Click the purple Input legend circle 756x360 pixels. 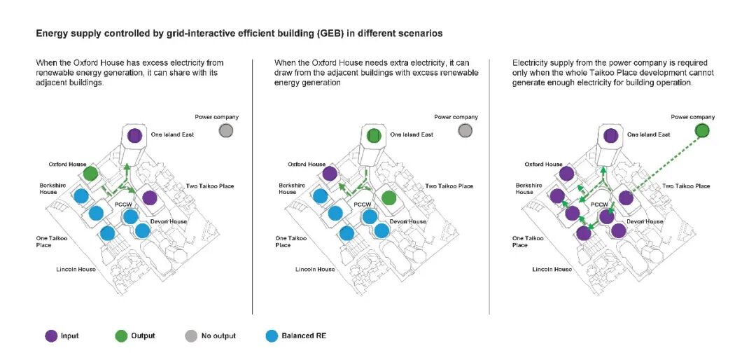[51, 336]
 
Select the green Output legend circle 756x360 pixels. [121, 336]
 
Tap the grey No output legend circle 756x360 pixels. [191, 336]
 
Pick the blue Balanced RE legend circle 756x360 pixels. [272, 336]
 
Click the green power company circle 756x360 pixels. [703, 131]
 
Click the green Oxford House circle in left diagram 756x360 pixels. [90, 173]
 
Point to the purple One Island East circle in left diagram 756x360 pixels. [134, 135]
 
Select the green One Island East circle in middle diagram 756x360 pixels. [374, 135]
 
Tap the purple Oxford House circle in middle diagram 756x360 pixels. [330, 173]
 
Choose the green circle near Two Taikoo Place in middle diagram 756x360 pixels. [389, 198]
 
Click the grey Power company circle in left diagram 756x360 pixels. [225, 131]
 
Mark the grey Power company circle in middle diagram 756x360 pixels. [465, 131]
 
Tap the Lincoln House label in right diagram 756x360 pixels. [552, 269]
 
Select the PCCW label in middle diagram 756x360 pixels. [362, 205]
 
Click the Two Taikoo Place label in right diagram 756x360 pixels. [685, 186]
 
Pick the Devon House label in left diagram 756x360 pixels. [169, 222]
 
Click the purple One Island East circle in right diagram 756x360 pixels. [611, 135]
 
